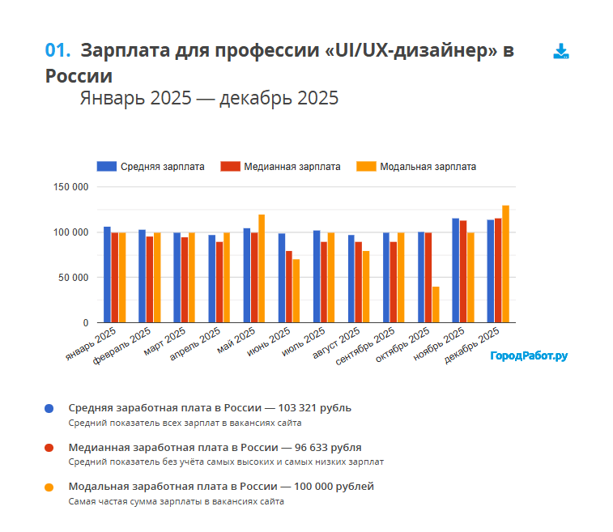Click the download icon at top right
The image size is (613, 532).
(561, 52)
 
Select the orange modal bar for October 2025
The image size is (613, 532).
(436, 304)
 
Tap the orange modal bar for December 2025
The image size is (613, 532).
(505, 264)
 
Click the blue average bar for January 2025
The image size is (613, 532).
(107, 275)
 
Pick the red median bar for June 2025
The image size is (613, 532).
(289, 287)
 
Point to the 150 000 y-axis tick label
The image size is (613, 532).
(71, 187)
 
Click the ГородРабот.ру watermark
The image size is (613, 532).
(529, 355)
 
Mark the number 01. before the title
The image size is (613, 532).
(58, 50)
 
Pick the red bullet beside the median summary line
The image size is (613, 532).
(49, 448)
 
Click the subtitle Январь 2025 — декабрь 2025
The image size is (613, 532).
(209, 99)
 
